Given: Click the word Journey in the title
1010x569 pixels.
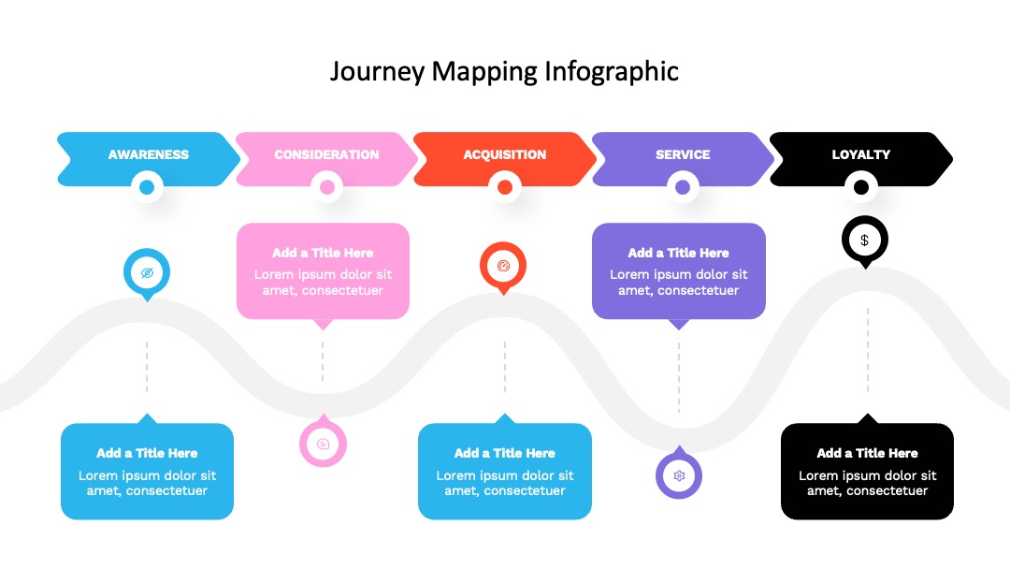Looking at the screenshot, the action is pyautogui.click(x=378, y=71).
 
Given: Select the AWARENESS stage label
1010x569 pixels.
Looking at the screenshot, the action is pyautogui.click(x=148, y=154).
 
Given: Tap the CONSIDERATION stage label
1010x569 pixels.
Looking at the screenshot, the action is pyautogui.click(x=326, y=154).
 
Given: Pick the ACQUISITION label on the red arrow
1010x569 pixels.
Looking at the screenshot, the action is pyautogui.click(x=504, y=154).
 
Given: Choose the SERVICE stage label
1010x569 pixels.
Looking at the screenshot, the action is pyautogui.click(x=683, y=154).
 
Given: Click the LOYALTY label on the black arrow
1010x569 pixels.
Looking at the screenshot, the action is pyautogui.click(x=860, y=154).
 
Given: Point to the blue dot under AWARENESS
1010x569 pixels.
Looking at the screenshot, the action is pyautogui.click(x=147, y=187).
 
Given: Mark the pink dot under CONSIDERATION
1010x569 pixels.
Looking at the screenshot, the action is pyautogui.click(x=326, y=187).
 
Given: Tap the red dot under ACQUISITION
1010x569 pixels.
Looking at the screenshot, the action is pyautogui.click(x=505, y=187).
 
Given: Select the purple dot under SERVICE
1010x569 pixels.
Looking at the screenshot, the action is pyautogui.click(x=683, y=187).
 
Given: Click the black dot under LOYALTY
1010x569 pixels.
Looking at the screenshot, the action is pyautogui.click(x=861, y=187).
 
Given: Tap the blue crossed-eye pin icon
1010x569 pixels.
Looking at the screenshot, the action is pyautogui.click(x=147, y=273).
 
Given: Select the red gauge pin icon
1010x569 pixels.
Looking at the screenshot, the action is pyautogui.click(x=503, y=267).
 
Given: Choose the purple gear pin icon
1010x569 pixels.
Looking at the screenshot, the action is pyautogui.click(x=679, y=474).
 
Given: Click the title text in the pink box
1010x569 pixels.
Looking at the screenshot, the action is pyautogui.click(x=323, y=253).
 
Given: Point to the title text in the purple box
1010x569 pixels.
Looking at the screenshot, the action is pyautogui.click(x=678, y=253).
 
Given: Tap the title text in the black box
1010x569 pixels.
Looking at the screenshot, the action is pyautogui.click(x=867, y=453).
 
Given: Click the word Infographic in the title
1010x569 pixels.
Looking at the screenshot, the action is pyautogui.click(x=612, y=71).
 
